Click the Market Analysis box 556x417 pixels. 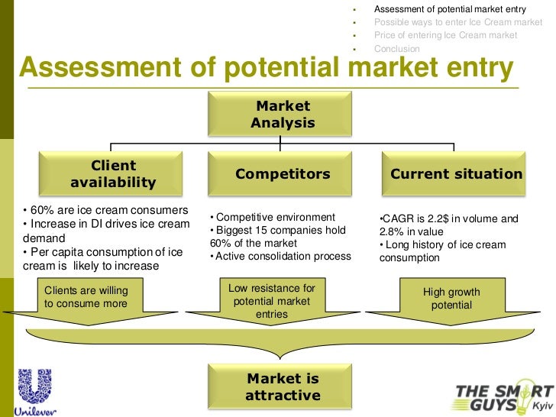283,114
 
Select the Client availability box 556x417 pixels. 113,174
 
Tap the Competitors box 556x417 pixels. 283,174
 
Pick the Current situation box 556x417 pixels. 456,174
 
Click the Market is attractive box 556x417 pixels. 283,387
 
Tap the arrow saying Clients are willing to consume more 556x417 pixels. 86,298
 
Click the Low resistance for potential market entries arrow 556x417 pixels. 271,301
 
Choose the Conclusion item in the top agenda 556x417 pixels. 396,49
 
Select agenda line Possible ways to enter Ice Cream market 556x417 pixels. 457,23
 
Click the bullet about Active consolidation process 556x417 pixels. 280,257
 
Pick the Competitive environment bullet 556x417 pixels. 273,217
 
